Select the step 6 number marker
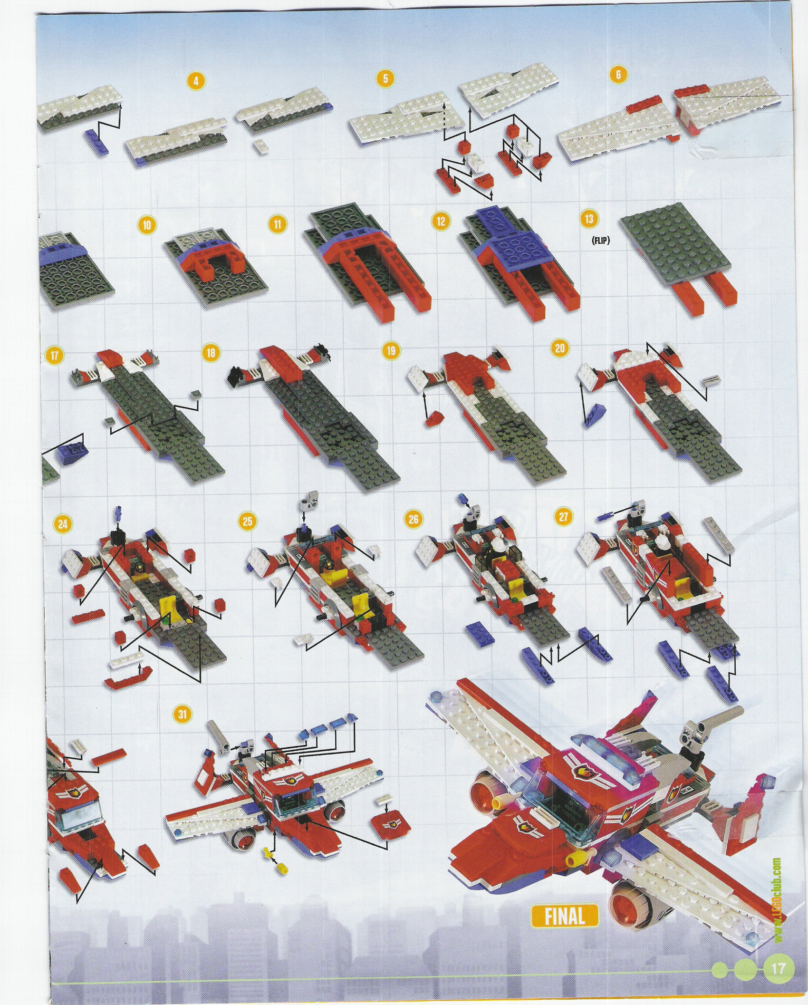pyautogui.click(x=618, y=74)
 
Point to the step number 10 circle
pyautogui.click(x=147, y=224)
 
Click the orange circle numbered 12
pyautogui.click(x=441, y=221)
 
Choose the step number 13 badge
pyautogui.click(x=589, y=219)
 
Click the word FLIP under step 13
pyautogui.click(x=601, y=241)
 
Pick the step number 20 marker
pyautogui.click(x=559, y=348)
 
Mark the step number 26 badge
pyautogui.click(x=413, y=519)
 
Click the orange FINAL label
pyautogui.click(x=565, y=915)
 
